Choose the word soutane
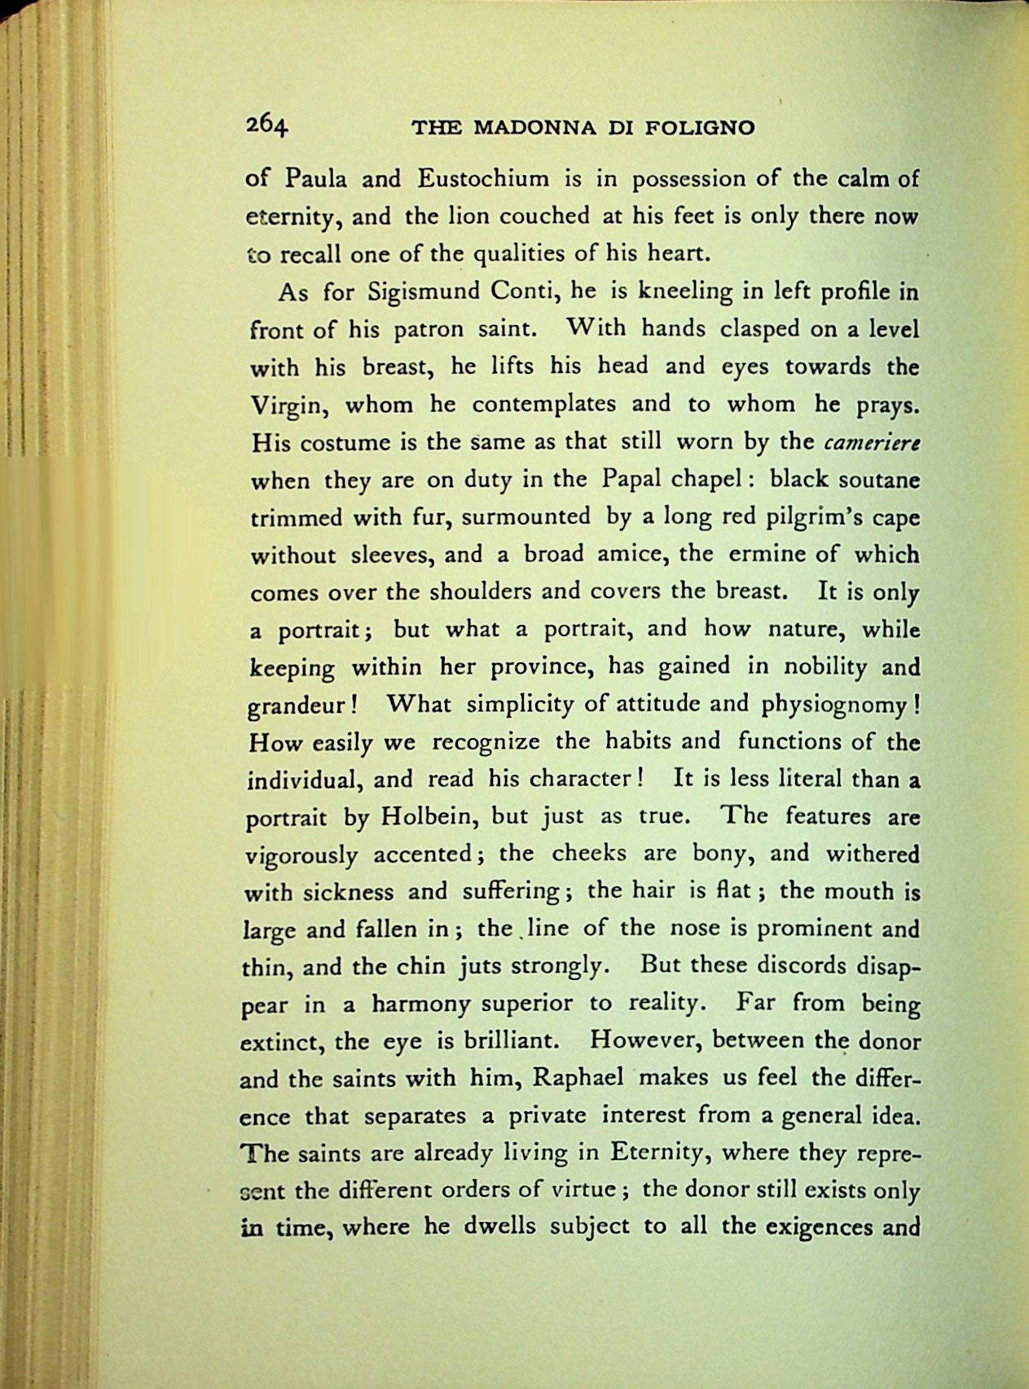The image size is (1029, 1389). click(x=882, y=479)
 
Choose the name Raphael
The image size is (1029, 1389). click(x=579, y=1078)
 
